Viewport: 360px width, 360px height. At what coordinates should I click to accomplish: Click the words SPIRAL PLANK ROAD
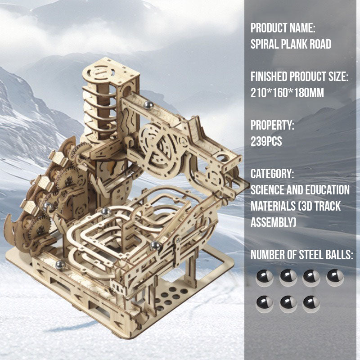(291, 44)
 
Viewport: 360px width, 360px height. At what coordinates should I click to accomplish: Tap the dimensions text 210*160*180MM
(287, 93)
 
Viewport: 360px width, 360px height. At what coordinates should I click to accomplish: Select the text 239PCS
(266, 141)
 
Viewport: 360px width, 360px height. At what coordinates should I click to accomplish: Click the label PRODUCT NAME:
(283, 28)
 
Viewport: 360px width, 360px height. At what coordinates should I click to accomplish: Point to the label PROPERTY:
(272, 125)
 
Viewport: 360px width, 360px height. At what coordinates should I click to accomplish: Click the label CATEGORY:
(272, 174)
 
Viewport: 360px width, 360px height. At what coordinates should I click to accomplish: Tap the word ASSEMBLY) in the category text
(273, 222)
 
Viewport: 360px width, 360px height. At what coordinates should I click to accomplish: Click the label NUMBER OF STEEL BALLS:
(301, 255)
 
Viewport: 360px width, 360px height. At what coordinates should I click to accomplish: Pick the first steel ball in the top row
(265, 278)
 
